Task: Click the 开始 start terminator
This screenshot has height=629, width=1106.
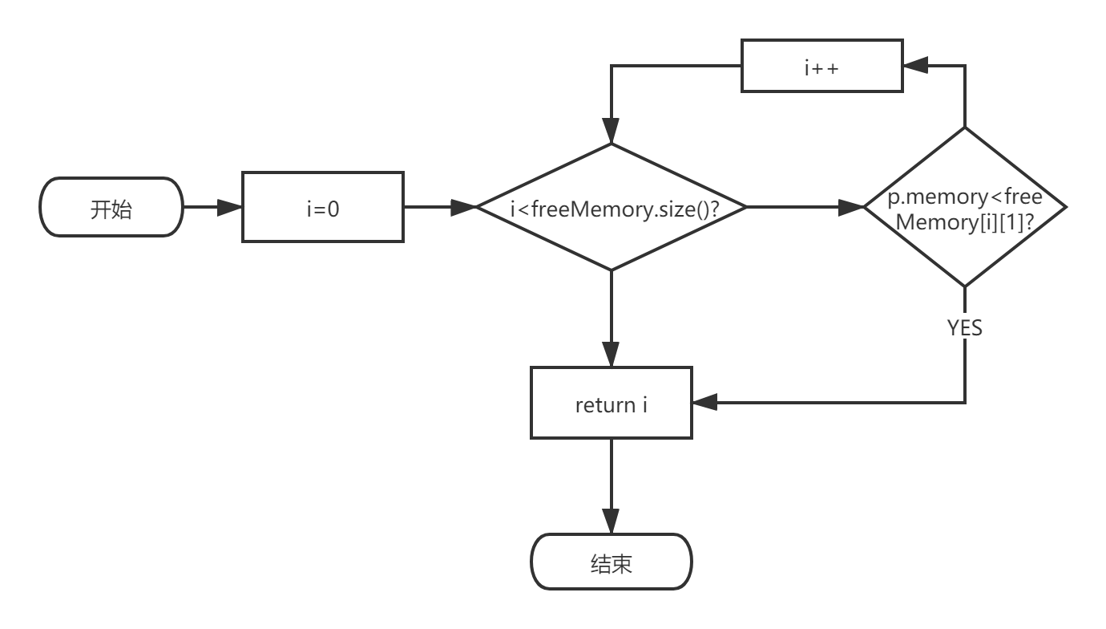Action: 111,208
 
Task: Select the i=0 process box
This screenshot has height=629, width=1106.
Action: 322,208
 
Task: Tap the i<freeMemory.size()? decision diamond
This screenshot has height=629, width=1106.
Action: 612,208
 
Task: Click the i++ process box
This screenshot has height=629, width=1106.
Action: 821,67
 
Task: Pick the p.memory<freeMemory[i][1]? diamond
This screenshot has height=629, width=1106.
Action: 964,208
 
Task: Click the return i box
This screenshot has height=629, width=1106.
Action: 611,404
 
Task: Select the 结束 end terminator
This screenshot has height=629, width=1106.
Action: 611,562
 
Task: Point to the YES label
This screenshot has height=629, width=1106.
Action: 964,327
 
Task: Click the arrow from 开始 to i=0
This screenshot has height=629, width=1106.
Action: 213,208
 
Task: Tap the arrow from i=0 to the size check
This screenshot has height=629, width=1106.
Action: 440,208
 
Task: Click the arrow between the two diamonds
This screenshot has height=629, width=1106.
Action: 805,208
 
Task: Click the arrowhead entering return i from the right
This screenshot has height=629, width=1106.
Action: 704,403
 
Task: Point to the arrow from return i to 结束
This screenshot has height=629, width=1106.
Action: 611,485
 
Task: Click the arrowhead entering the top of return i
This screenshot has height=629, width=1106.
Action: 611,356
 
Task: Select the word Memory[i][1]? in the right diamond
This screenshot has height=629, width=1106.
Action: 964,222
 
